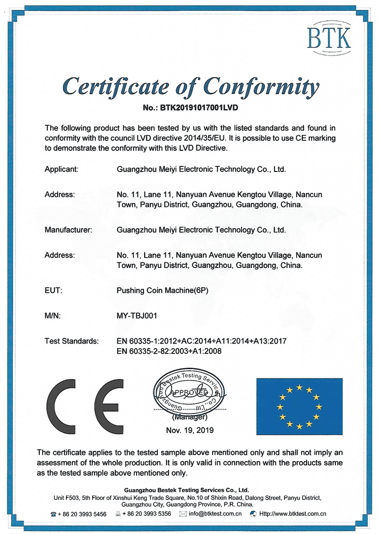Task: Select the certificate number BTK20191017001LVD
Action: click(199, 108)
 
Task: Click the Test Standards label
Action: click(71, 341)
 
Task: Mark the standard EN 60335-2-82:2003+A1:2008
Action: click(169, 351)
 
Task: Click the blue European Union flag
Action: click(299, 405)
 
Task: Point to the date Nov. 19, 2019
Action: click(189, 430)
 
